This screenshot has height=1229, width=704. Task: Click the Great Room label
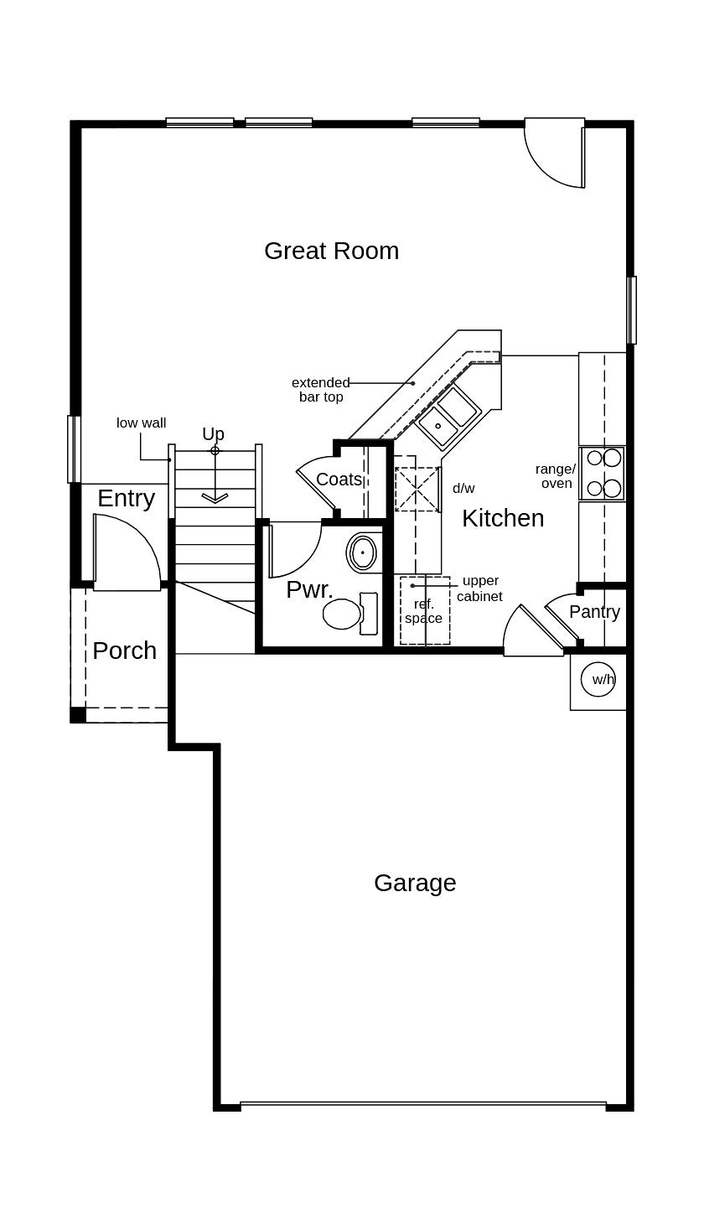pos(331,251)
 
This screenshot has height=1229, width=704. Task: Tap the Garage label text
pos(415,883)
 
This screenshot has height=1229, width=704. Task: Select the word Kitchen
pos(503,518)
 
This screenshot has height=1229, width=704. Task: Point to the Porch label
pos(124,651)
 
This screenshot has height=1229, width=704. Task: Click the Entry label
pos(126,498)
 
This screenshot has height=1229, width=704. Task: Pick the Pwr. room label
pos(309,589)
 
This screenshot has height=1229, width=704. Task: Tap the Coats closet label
pos(339,480)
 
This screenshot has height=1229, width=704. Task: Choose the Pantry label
pos(594,612)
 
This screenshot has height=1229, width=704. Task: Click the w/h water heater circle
pos(603,679)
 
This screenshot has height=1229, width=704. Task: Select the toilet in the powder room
pos(344,614)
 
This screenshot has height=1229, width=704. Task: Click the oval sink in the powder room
pos(362,553)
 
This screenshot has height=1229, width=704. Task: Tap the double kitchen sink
pos(448,416)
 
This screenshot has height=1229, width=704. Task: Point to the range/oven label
pos(556,476)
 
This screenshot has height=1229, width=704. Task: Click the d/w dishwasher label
pos(463,488)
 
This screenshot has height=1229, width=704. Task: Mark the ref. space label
pos(424,611)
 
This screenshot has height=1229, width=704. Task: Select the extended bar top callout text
pos(321,390)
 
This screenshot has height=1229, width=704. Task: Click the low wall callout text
pos(141,423)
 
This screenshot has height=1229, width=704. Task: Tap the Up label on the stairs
pos(213,434)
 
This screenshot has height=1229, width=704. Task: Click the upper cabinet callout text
pos(480,589)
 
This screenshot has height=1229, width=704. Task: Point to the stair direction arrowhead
pos(215,498)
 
